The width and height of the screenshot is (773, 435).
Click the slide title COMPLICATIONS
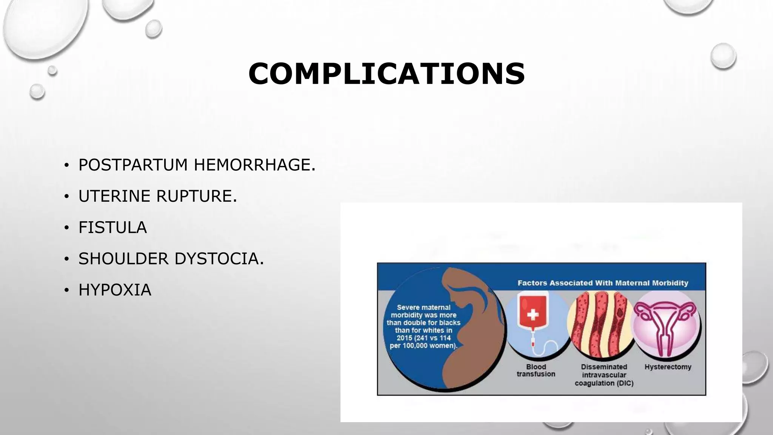point(386,74)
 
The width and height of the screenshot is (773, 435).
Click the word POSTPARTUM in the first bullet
point(133,165)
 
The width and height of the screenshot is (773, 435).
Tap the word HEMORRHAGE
point(254,165)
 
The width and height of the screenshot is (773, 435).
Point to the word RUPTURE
point(196,196)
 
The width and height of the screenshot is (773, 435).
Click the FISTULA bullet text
point(112,228)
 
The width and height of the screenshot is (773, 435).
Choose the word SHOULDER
point(123,259)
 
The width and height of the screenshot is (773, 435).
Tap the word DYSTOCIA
point(219,259)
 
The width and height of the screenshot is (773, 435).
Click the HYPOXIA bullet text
point(115,290)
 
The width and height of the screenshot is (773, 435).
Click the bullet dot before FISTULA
point(66,228)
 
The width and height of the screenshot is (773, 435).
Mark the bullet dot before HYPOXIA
point(66,291)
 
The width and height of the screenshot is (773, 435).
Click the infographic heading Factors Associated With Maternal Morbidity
point(603,283)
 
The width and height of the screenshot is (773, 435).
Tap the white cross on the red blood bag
point(533,314)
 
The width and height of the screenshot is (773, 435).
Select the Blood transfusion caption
point(536,370)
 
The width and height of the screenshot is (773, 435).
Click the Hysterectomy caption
point(668,367)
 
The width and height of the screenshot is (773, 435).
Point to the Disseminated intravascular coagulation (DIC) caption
point(604,375)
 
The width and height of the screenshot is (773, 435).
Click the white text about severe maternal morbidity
point(423,327)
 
